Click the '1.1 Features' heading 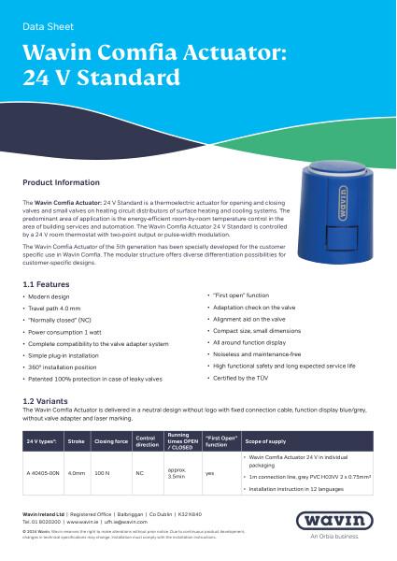click(46, 284)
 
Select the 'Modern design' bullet click(50, 296)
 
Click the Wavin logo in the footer click(342, 524)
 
